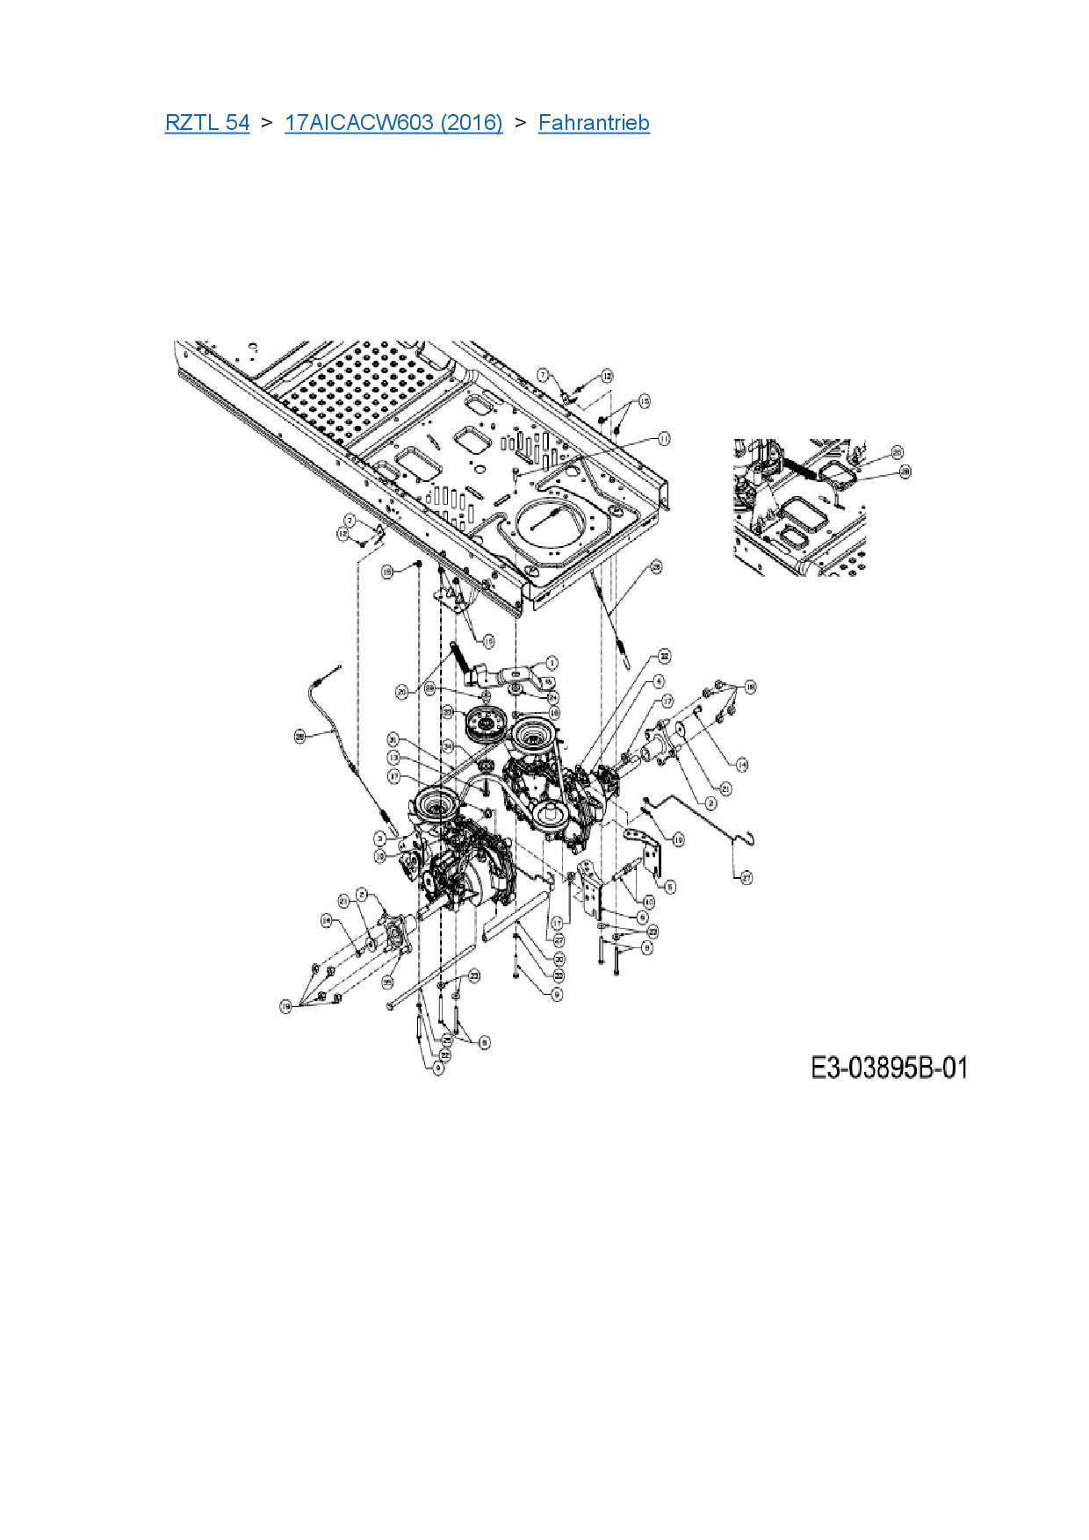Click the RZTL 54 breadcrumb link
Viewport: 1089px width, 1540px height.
207,123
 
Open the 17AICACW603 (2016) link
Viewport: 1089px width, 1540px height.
393,123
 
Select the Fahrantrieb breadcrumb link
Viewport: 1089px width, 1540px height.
594,123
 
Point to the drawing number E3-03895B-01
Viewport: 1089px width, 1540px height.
888,1069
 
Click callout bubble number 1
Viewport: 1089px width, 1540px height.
552,663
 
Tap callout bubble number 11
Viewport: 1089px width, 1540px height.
664,438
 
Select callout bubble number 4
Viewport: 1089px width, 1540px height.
659,681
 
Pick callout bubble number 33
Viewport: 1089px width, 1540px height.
447,711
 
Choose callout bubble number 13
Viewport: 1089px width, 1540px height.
393,758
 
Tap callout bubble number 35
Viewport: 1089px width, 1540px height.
389,982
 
